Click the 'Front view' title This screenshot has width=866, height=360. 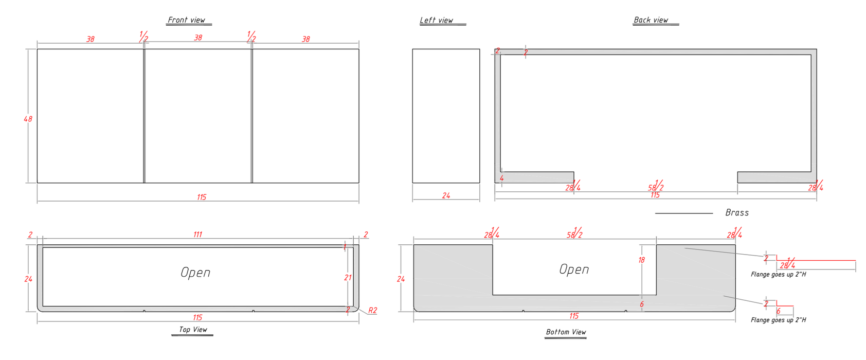186,20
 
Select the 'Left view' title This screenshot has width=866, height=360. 436,20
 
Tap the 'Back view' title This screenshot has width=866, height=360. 651,20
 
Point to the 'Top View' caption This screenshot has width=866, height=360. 193,330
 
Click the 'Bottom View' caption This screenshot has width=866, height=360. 566,332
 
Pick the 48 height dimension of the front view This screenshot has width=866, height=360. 28,119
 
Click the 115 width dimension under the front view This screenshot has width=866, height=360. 202,197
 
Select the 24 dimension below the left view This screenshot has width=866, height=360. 446,195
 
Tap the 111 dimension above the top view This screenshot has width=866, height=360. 197,235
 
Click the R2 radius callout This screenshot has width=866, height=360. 372,310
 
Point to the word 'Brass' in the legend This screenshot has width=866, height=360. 737,213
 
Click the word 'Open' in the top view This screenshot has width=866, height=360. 195,272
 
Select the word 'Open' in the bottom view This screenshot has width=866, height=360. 574,269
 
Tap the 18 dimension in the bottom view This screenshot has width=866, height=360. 641,260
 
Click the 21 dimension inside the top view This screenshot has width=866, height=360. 348,278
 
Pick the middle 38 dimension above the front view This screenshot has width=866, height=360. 198,38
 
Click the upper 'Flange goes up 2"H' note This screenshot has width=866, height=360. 778,274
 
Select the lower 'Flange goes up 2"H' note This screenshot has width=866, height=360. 778,320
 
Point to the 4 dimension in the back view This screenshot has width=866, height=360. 501,178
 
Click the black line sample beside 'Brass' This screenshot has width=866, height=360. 684,213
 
